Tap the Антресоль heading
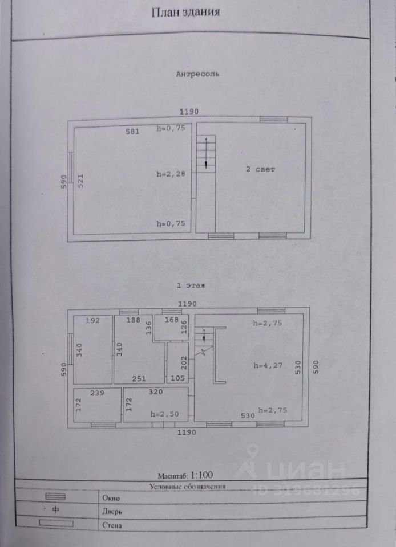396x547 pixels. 197,74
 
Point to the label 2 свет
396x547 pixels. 260,169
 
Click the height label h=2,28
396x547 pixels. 171,174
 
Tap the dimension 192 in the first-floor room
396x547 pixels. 93,320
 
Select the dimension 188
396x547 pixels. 132,320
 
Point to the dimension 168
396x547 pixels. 172,320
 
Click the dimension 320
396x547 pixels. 155,393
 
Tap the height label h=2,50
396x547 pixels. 163,414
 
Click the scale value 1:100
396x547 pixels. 201,475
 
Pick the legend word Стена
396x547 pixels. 111,525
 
